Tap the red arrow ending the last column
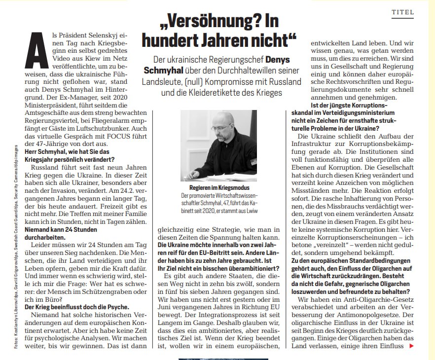point(412,346)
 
